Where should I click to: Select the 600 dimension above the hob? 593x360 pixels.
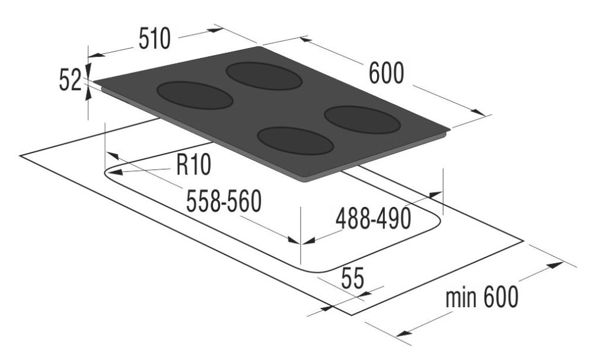(x=386, y=74)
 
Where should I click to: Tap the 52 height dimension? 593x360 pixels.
(x=69, y=80)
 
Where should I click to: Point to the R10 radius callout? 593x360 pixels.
(x=193, y=165)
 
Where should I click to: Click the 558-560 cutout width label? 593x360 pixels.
(x=224, y=203)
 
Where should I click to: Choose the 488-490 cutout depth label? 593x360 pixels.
(x=373, y=219)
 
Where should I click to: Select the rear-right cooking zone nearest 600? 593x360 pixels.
(x=363, y=120)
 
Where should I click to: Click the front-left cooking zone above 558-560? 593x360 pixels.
(x=194, y=95)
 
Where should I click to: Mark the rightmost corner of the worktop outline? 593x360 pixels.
(x=523, y=241)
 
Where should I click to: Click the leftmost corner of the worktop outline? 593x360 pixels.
(x=20, y=155)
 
